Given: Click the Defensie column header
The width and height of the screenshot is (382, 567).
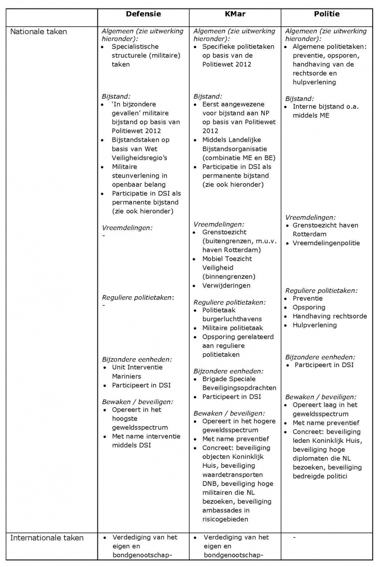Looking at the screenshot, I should point(143,14).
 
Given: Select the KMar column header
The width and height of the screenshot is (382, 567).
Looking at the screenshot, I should point(235,14).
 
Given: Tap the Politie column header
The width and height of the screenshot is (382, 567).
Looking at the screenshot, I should point(327,14).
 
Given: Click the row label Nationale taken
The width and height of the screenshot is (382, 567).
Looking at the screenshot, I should point(39,32).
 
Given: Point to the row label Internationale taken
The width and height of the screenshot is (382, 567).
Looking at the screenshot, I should point(47,538).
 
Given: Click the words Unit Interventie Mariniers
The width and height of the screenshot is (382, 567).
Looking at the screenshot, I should point(137,371).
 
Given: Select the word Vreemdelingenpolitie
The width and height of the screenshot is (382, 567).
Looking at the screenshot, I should point(326,243).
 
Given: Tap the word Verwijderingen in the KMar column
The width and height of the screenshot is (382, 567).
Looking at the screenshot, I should point(226,285).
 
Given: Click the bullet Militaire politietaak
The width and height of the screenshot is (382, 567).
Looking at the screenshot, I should point(233,328).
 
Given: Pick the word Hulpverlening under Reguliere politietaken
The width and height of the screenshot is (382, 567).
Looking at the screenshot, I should point(315,325).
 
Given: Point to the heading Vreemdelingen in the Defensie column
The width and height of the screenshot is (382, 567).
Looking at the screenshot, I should point(127,227).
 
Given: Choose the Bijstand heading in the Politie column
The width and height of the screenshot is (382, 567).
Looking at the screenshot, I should point(299,99).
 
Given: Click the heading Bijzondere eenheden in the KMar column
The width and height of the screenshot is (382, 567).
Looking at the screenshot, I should point(228,371).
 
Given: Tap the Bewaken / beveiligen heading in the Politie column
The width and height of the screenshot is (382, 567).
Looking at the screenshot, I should point(321,396).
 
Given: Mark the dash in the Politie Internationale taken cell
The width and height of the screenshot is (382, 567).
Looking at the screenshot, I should point(295,537).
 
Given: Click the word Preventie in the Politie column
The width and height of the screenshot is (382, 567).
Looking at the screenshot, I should point(308,299).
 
